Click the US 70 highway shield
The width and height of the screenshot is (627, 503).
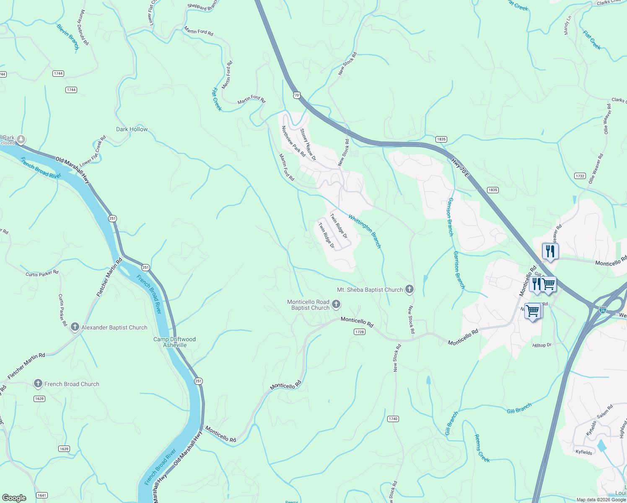(297, 95)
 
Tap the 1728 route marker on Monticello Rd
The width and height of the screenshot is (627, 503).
(359, 332)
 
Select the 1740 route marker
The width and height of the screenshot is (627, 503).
(393, 419)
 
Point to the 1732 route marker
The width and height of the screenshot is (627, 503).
(580, 176)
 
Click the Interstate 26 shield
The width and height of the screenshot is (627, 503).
(603, 310)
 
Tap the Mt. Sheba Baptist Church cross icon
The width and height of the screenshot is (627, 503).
(409, 289)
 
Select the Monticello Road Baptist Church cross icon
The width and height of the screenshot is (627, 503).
(336, 304)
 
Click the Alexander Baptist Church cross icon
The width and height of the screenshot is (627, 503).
(75, 327)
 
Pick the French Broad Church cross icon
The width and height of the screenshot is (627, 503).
(38, 384)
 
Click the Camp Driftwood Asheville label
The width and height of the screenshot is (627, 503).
(174, 342)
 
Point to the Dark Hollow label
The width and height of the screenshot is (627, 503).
(132, 129)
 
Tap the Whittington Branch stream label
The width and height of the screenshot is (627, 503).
(365, 231)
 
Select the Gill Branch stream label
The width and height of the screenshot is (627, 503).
(519, 408)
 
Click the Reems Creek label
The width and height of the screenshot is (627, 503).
(482, 448)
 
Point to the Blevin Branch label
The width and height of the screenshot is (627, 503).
(68, 37)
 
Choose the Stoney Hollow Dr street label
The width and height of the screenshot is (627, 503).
(308, 144)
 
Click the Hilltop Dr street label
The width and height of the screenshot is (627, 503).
(542, 345)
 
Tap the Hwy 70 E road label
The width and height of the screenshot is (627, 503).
(460, 167)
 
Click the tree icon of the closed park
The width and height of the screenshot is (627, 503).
(21, 139)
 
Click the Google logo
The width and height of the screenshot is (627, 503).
(14, 498)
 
